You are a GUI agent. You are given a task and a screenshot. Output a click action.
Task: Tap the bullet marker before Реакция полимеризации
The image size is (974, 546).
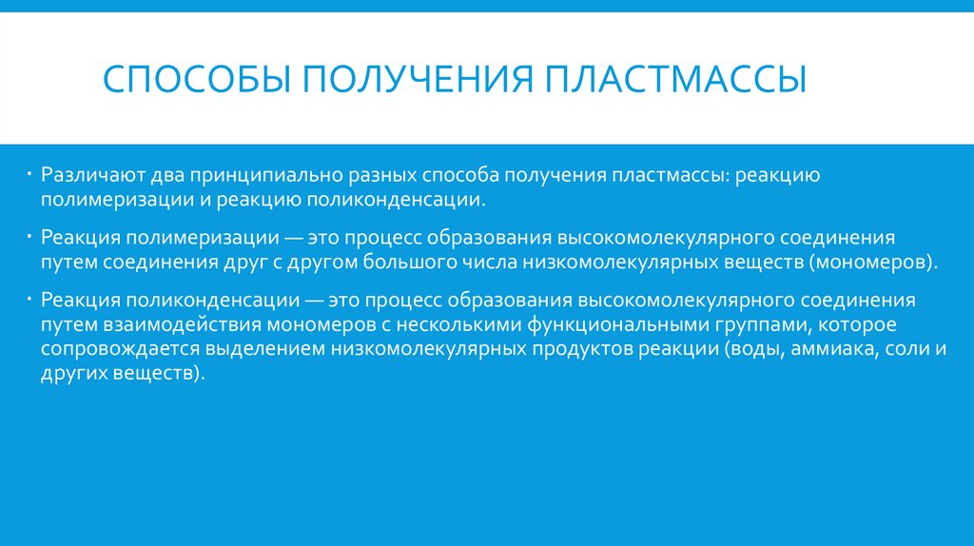(x=30, y=234)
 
